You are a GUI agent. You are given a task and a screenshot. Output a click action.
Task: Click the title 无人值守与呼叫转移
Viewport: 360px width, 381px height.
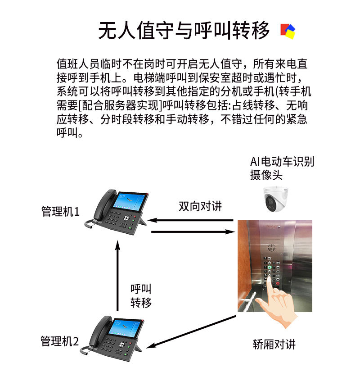coord(184,30)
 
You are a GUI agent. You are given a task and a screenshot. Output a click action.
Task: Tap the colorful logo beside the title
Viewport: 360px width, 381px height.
coord(288,31)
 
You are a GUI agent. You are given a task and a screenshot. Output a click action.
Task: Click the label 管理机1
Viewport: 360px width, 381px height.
coord(60,211)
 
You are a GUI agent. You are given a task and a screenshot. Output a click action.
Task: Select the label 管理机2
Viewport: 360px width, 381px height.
coord(59,341)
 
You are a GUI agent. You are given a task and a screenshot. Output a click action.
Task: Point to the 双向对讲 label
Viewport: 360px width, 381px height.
coord(200,206)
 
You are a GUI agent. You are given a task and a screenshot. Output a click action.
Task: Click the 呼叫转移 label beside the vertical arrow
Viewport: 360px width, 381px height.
coord(141,295)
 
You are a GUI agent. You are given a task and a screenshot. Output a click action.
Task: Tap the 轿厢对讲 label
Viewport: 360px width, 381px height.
coord(274,345)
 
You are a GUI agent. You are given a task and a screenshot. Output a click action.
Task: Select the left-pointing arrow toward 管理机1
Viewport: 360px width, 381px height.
coord(191,221)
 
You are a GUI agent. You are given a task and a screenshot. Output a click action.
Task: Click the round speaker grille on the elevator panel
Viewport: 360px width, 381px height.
coord(272,248)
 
